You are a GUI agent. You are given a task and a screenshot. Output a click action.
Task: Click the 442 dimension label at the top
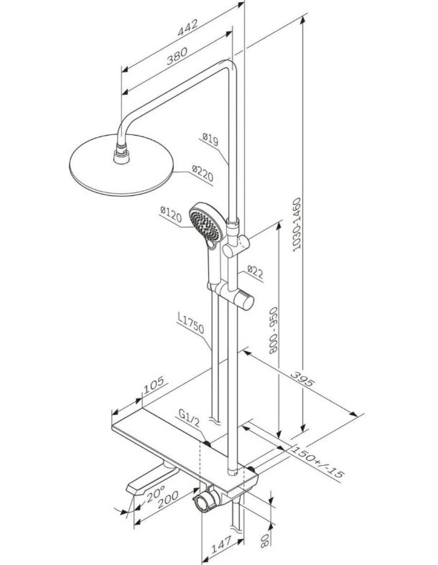pyautogui.click(x=187, y=27)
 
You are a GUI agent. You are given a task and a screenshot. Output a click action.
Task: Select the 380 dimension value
pyautogui.click(x=177, y=56)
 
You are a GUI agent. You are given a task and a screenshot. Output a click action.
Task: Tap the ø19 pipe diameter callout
pyautogui.click(x=210, y=139)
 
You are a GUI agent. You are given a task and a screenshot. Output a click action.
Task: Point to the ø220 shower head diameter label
pyautogui.click(x=202, y=174)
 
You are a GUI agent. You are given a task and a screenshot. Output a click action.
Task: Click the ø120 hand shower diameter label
pyautogui.click(x=170, y=214)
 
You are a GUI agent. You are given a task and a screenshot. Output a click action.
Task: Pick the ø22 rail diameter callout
pyautogui.click(x=255, y=272)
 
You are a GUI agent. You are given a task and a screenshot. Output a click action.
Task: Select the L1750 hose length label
pyautogui.click(x=191, y=323)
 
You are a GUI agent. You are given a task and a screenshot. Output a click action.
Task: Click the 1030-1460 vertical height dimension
pyautogui.click(x=297, y=224)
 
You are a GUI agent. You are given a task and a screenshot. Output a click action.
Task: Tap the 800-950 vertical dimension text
pyautogui.click(x=274, y=330)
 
